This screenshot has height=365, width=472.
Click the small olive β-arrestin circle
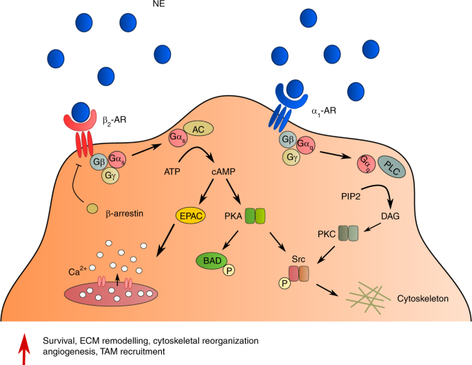tap(92, 208)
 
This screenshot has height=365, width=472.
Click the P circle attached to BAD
tap(226, 270)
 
